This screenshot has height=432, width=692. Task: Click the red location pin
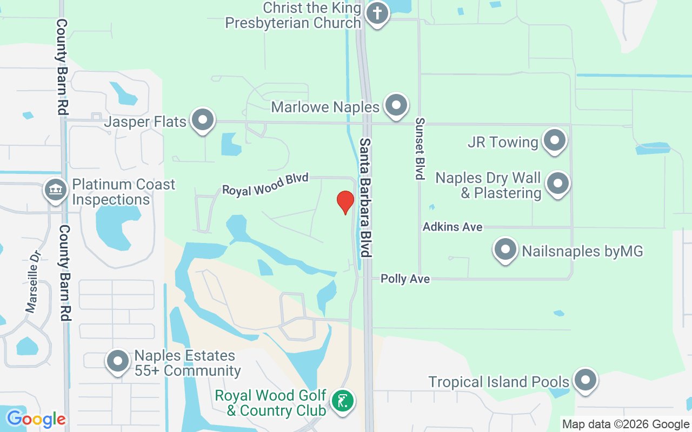pos(345,202)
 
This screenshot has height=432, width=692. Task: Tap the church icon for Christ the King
pos(377,13)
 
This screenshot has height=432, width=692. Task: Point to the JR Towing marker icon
pos(554,140)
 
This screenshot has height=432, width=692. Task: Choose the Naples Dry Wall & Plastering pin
pos(557,184)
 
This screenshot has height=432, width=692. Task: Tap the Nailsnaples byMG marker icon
pos(505,250)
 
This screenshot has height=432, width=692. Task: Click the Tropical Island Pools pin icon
pos(584,381)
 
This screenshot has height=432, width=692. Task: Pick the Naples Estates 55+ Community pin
pos(118,362)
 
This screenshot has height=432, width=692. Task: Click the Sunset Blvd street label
pos(418,148)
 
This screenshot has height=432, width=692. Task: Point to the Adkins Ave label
pos(453,227)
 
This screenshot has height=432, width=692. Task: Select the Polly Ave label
pos(405,279)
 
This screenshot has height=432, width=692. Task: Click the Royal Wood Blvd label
pos(265,184)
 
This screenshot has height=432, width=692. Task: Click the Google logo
pos(36,419)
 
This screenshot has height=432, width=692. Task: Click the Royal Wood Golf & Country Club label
pos(270,403)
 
